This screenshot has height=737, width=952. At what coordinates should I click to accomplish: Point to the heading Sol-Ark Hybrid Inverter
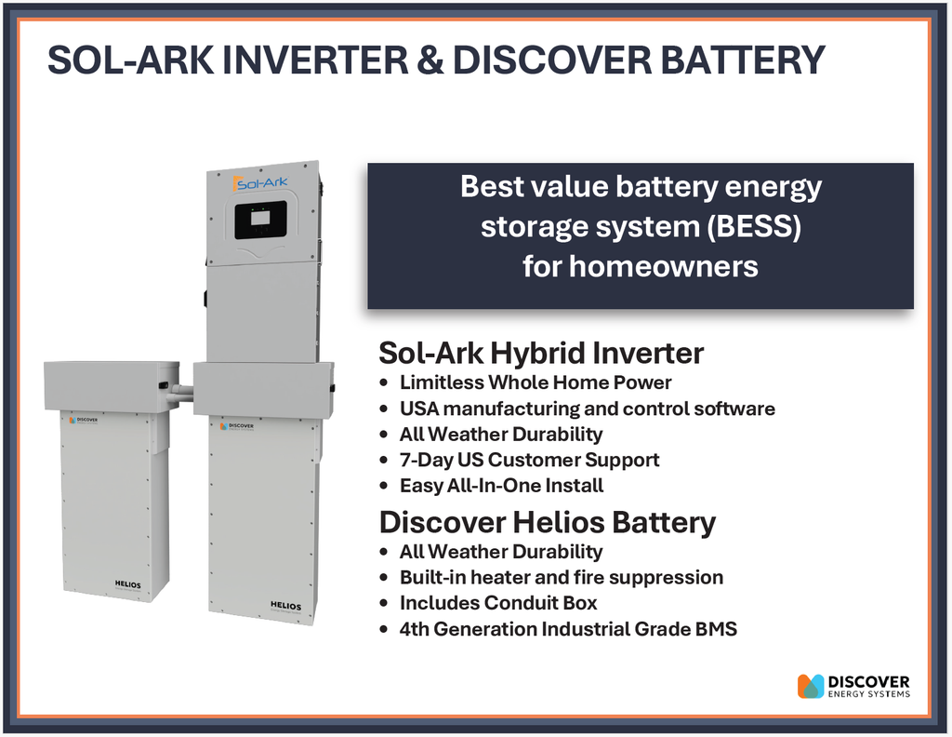pos(541,354)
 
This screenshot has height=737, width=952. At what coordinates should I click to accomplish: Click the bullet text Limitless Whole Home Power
pos(535,382)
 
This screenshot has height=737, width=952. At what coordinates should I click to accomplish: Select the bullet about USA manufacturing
pos(587,409)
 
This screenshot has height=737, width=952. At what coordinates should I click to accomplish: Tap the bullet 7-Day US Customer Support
pos(529,460)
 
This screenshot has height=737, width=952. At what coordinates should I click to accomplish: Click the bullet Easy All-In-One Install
pos(501,486)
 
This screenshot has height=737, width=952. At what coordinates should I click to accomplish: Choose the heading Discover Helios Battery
pos(547,522)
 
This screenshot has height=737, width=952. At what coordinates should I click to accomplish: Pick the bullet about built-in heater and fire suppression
pos(561,577)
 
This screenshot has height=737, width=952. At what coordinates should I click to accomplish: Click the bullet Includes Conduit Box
pos(498,603)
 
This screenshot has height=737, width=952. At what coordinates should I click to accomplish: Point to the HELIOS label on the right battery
pos(285,606)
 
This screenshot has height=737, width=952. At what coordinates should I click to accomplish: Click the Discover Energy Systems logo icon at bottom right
pos(811,686)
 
